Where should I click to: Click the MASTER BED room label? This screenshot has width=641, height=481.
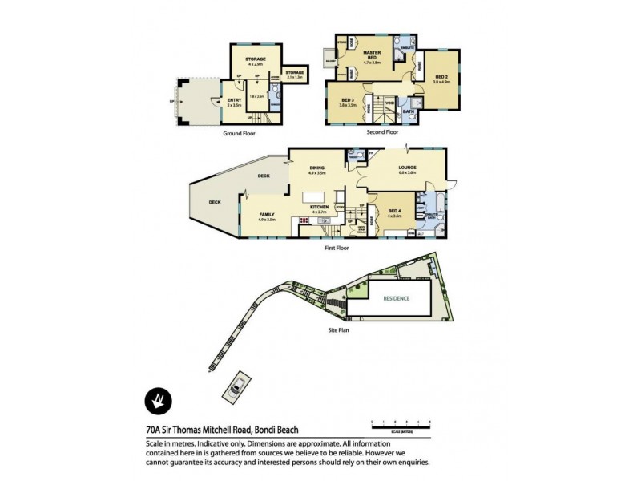pyautogui.click(x=370, y=53)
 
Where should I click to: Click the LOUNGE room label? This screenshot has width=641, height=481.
pyautogui.click(x=407, y=168)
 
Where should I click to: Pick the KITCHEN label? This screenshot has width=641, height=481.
pyautogui.click(x=320, y=208)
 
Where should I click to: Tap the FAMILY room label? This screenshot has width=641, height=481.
pyautogui.click(x=267, y=215)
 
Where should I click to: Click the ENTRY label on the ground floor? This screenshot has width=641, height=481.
pyautogui.click(x=234, y=101)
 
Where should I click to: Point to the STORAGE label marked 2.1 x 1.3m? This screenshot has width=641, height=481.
pyautogui.click(x=294, y=73)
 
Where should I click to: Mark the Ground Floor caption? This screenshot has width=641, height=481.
pyautogui.click(x=240, y=135)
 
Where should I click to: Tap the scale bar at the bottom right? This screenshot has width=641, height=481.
pyautogui.click(x=400, y=422)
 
